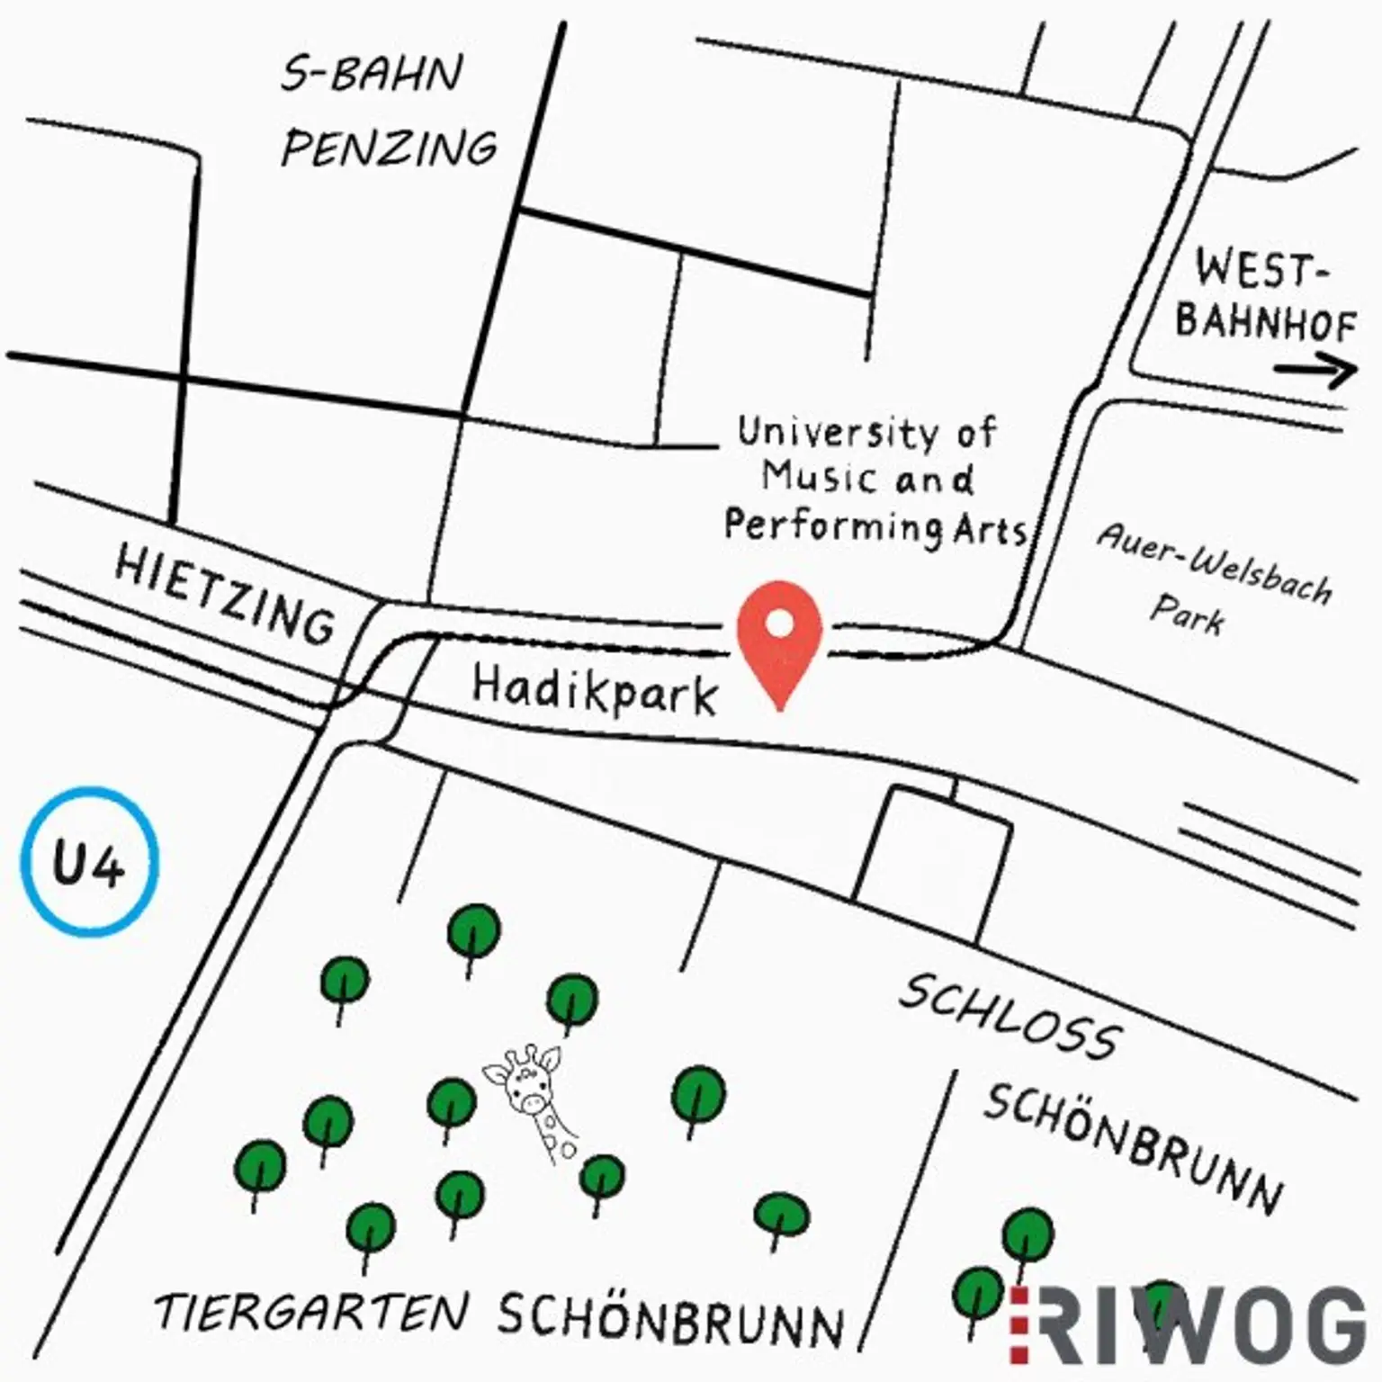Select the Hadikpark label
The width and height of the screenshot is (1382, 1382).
coord(595,690)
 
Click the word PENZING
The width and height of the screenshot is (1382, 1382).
coord(390,148)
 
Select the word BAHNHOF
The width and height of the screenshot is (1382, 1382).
coord(1265,321)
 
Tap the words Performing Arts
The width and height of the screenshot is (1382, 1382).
coord(875,525)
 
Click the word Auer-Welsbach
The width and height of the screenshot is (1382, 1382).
coord(1214,564)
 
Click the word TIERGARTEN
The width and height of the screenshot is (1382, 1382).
coord(313,1311)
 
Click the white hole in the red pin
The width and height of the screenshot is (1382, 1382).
coord(780,622)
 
